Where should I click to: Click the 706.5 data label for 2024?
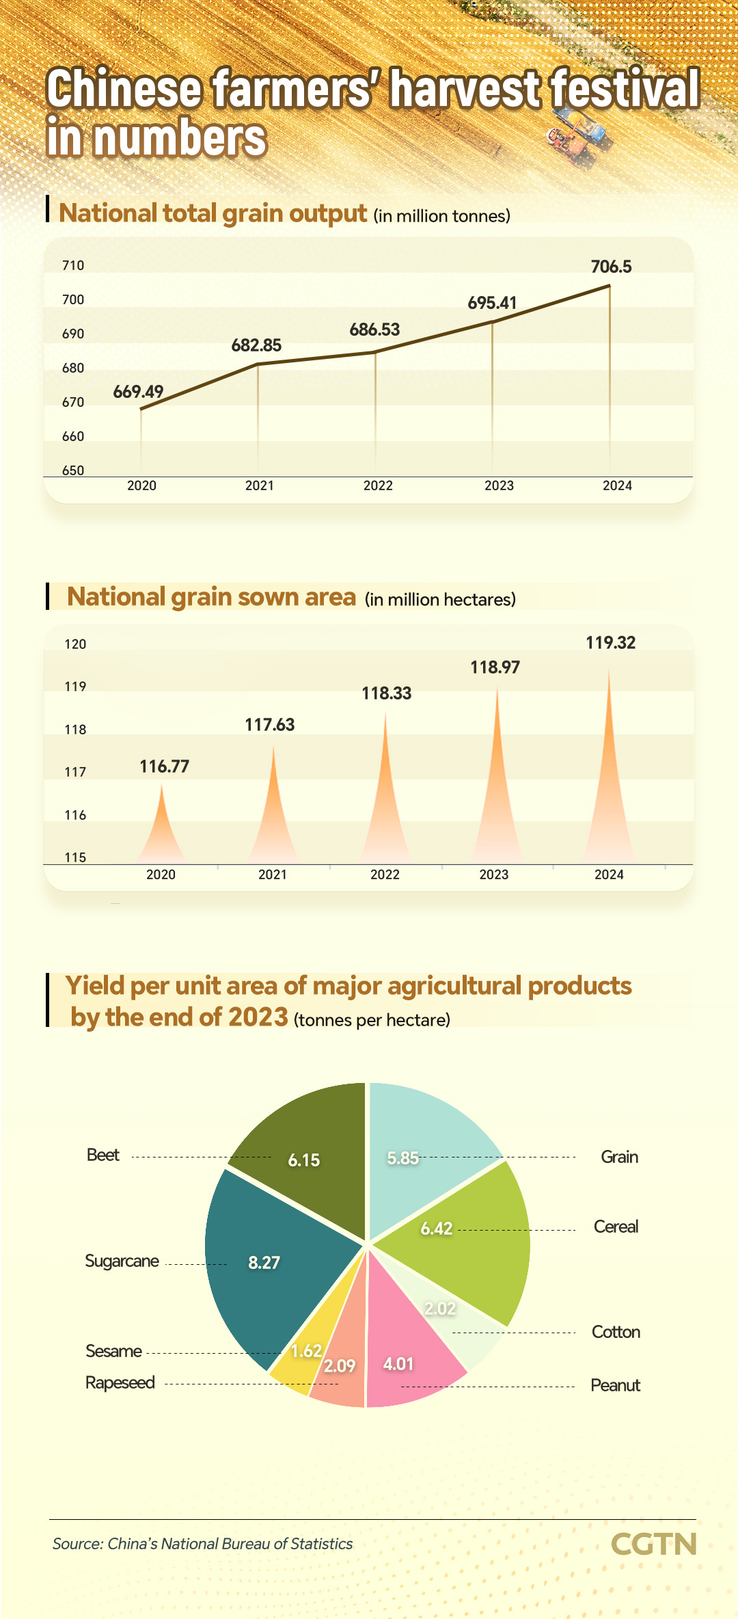point(611,267)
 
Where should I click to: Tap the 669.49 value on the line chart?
point(138,392)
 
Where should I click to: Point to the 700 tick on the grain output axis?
point(73,299)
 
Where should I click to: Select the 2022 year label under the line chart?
point(378,485)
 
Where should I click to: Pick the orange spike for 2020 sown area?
point(161,834)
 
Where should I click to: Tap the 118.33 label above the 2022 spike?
point(386,693)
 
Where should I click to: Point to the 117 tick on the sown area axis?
point(75,772)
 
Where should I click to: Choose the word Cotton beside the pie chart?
point(616,1332)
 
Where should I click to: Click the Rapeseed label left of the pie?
point(120,1382)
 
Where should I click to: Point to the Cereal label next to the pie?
point(616,1227)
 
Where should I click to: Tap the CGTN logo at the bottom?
point(653,1544)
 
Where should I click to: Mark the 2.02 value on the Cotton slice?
point(439,1308)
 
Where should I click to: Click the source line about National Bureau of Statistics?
point(202,1544)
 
